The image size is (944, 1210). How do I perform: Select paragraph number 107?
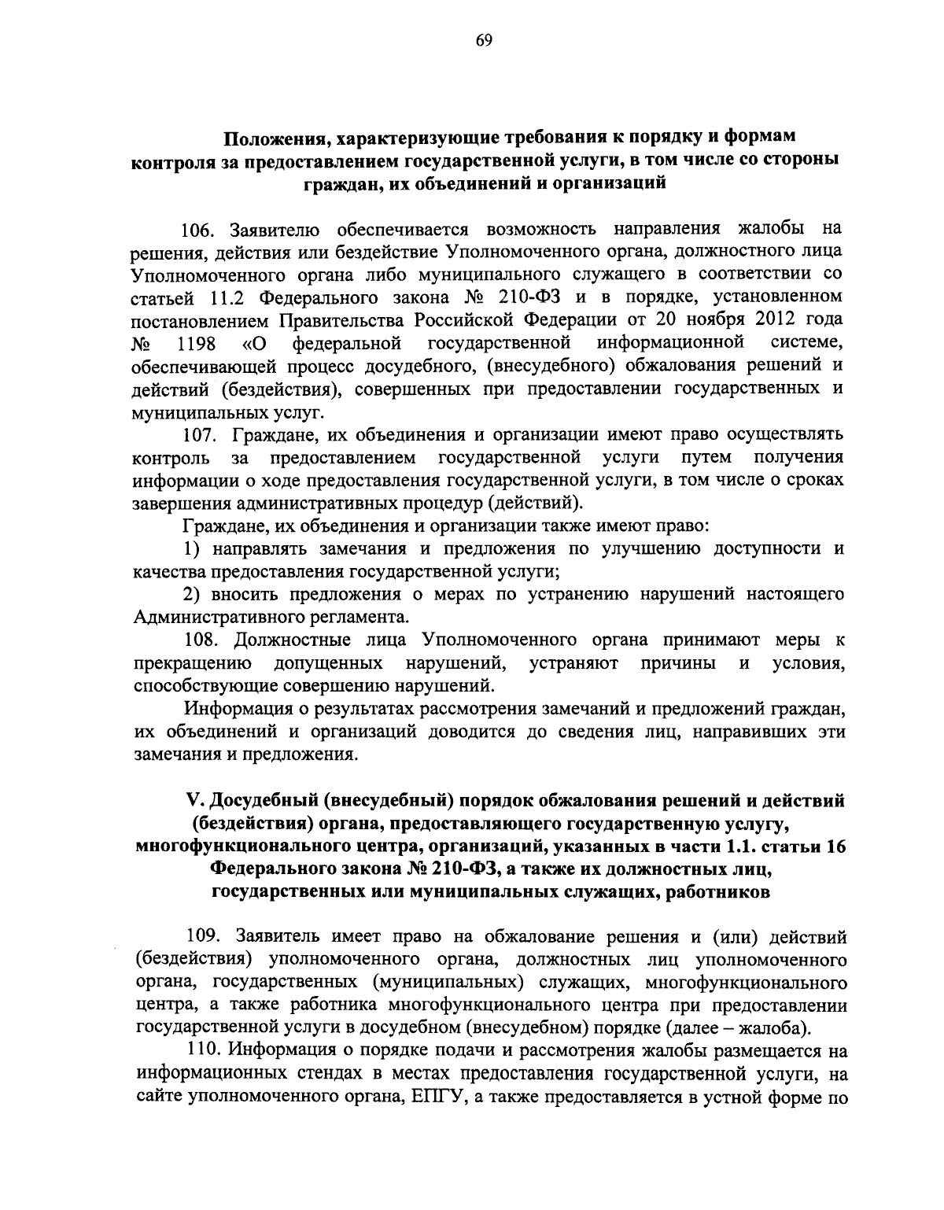click(200, 434)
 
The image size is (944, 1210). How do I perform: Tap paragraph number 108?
click(201, 640)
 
